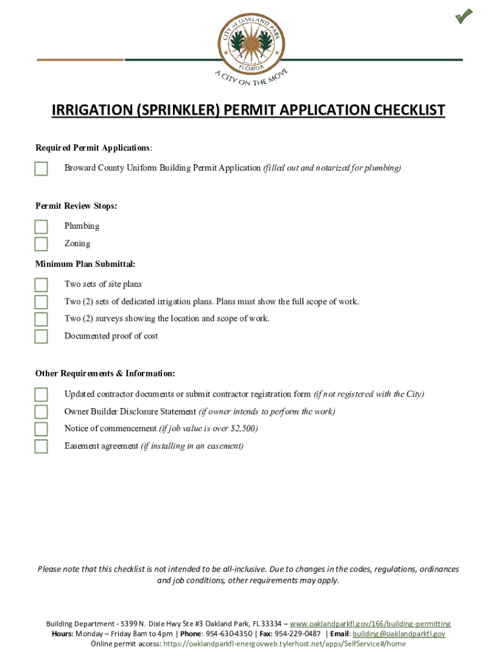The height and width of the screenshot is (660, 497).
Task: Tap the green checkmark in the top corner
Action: pyautogui.click(x=463, y=16)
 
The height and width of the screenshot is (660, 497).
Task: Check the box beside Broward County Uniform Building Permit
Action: pyautogui.click(x=41, y=169)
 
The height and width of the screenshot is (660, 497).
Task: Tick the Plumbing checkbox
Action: pyautogui.click(x=41, y=226)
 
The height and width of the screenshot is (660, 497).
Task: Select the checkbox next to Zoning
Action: pyautogui.click(x=41, y=244)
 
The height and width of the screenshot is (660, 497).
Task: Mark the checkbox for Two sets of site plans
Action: pyautogui.click(x=41, y=285)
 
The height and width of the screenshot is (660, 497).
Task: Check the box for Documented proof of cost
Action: pyautogui.click(x=41, y=336)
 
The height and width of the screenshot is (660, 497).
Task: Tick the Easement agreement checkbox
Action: pyautogui.click(x=41, y=447)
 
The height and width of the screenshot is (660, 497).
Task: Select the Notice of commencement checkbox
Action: pyautogui.click(x=41, y=429)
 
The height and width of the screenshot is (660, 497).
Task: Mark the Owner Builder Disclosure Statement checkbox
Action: pyautogui.click(x=41, y=412)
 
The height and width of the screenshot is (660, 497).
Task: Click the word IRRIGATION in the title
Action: pyautogui.click(x=90, y=111)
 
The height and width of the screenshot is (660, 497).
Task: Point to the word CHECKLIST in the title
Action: pyautogui.click(x=406, y=111)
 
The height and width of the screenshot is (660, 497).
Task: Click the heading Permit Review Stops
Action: pyautogui.click(x=76, y=206)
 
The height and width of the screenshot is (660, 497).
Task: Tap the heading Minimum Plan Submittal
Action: pyautogui.click(x=85, y=264)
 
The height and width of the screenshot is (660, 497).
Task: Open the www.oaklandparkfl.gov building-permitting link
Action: pyautogui.click(x=370, y=624)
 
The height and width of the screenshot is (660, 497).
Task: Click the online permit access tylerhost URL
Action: pyautogui.click(x=285, y=643)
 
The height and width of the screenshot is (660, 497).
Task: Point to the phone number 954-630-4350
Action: pyautogui.click(x=229, y=634)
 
